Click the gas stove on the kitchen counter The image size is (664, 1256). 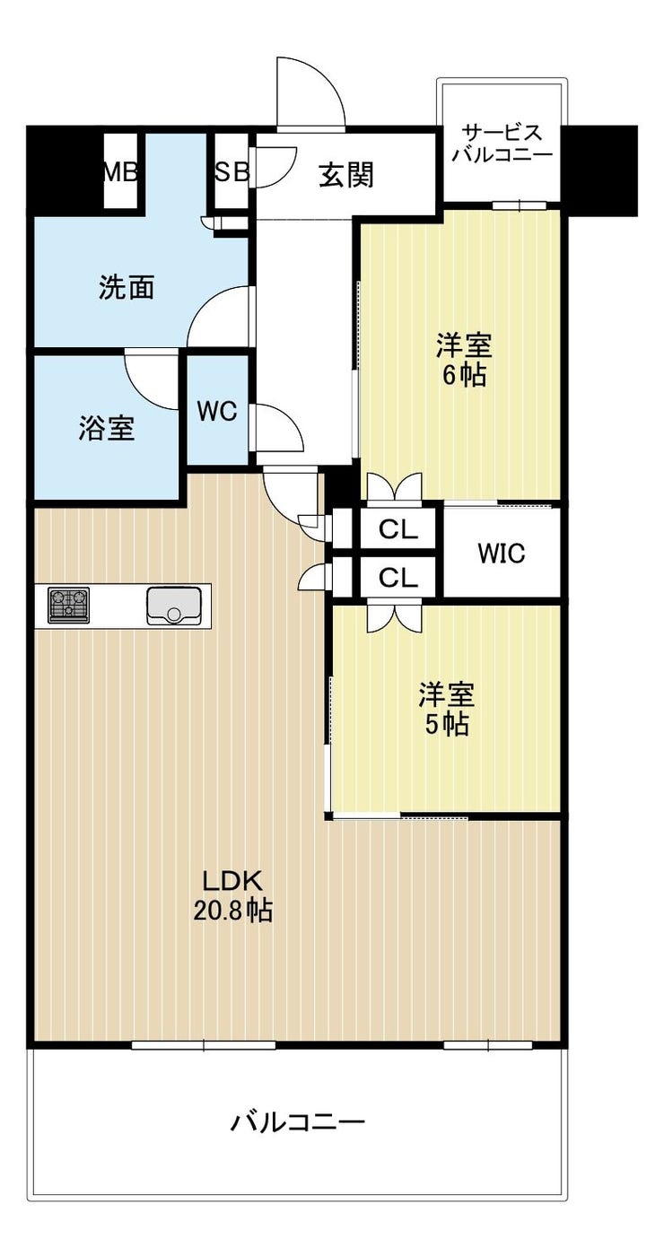(68, 605)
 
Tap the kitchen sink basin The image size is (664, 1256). (174, 606)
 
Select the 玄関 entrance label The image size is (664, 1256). (346, 175)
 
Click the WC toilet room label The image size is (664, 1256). (217, 412)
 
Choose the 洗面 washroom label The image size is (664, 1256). (127, 288)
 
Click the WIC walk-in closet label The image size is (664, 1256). (502, 553)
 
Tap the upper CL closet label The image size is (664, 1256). (398, 528)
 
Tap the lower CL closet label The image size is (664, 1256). (398, 577)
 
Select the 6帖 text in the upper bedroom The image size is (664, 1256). (465, 375)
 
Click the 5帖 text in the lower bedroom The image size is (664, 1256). (447, 725)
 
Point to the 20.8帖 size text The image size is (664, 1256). (232, 911)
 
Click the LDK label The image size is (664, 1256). (232, 882)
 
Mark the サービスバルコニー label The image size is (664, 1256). (502, 143)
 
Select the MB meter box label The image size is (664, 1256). (121, 172)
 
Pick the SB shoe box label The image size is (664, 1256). (232, 172)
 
